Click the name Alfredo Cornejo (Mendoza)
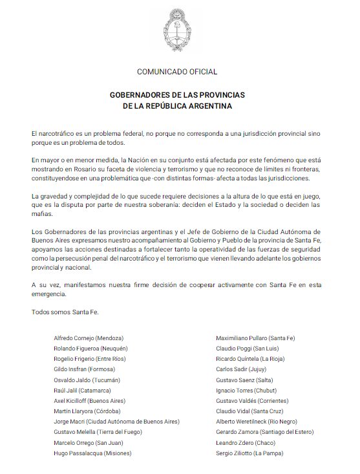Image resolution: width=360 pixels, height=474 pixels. coord(89,338)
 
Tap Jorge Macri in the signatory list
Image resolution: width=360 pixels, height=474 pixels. coord(72,422)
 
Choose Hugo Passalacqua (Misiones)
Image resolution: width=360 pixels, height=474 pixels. coord(92,453)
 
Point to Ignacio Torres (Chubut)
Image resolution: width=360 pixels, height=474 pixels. coord(251,391)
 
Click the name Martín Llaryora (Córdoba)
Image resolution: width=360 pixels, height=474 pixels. coord(91,411)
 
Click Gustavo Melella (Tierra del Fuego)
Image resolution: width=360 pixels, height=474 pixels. coord(98,433)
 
